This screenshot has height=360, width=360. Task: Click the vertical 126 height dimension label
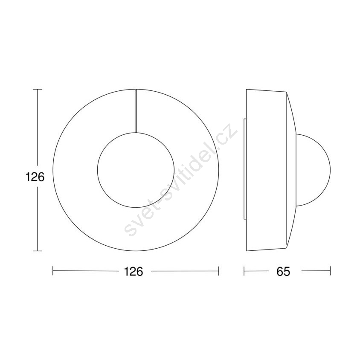pyautogui.click(x=35, y=177)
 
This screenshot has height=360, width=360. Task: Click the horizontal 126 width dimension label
pyautogui.click(x=134, y=271)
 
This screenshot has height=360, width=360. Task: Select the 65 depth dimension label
pyautogui.click(x=283, y=271)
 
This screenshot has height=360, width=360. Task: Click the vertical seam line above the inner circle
pyautogui.click(x=136, y=111)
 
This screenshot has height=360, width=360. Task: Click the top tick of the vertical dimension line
pyautogui.click(x=38, y=89)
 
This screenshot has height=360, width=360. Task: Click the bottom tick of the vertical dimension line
pyautogui.click(x=38, y=251)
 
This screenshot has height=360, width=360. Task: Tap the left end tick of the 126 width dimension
pyautogui.click(x=53, y=271)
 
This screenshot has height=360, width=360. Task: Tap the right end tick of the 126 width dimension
pyautogui.click(x=218, y=271)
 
